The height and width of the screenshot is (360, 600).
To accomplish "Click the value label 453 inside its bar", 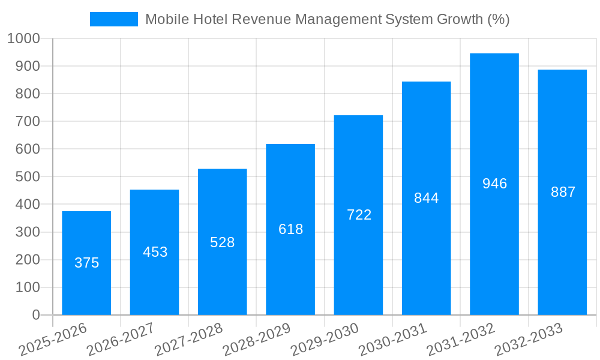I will pos(155,252).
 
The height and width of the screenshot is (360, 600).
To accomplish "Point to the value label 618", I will pos(290,229).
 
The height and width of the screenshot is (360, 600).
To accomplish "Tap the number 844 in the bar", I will pos(426,198).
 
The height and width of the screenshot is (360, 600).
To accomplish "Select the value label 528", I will pos(222,242).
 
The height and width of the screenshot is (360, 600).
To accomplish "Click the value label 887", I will pos(563,192).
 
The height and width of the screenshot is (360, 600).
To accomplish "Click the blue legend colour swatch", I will pos(114,19).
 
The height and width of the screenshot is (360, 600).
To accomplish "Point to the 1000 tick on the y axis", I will pos(23,38).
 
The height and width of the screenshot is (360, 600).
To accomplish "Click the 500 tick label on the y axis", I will pos(27,177).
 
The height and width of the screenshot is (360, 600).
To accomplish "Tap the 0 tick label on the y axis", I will pos(35,315).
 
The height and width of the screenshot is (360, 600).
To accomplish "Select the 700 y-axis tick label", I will pos(27,121).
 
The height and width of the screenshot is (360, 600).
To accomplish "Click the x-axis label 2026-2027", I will pos(120,340).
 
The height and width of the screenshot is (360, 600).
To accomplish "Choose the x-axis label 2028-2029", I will pos(256,340).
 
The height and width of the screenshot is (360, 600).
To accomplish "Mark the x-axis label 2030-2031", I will pos(392,340).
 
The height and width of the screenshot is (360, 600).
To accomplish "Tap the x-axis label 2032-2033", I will pos(528,340).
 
